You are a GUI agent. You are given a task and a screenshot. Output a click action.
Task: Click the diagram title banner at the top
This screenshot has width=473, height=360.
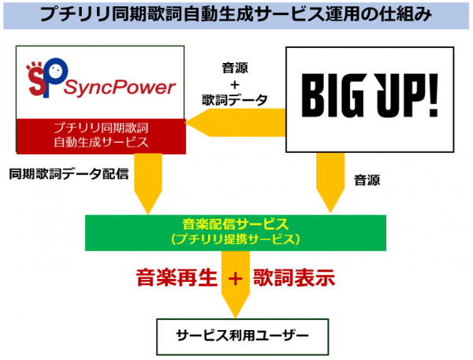coord(236,15)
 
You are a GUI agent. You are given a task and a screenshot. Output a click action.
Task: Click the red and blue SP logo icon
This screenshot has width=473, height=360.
coord(47,77)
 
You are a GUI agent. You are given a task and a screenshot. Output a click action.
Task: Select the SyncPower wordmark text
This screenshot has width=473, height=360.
coord(120,87)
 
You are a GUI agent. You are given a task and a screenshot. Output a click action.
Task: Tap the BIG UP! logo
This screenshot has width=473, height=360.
coord(370,95)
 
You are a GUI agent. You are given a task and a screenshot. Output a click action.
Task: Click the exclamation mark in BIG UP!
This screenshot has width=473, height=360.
coord(434,95)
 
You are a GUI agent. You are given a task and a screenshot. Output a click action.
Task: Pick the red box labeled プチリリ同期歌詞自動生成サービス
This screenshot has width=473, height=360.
coord(101,136)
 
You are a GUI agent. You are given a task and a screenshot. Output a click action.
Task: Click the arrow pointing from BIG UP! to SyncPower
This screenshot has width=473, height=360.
coord(236,123)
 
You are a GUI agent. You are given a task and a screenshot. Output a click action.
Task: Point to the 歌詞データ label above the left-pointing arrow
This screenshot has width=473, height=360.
coord(235,100)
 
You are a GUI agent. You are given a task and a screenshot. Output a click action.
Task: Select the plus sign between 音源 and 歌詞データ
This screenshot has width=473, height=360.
coord(235,85)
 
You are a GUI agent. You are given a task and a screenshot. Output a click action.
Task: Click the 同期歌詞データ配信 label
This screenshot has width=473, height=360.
coord(69,174)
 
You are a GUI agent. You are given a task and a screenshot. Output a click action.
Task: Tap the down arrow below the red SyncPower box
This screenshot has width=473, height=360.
coord(148,184)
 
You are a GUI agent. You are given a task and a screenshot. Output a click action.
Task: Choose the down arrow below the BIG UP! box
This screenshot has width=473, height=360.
coord(330,183)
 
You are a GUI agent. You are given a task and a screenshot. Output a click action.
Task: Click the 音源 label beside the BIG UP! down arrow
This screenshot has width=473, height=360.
coord(367,180)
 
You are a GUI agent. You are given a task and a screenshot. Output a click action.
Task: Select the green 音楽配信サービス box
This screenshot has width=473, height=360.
coord(236,232)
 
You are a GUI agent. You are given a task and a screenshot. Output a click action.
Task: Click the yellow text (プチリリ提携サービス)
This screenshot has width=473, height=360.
coord(235,239)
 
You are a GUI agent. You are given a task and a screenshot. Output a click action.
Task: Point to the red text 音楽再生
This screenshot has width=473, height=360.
coord(177,277)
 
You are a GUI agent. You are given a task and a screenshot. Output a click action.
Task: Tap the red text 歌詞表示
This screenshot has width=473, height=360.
coord(294,277)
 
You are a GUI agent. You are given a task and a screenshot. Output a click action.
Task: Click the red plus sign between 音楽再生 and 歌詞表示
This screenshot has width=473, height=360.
coord(235,278)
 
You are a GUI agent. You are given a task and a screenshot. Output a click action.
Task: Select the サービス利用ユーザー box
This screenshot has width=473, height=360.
coord(242,337)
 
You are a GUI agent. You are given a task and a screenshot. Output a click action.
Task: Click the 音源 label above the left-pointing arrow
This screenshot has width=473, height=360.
coord(235,68)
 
